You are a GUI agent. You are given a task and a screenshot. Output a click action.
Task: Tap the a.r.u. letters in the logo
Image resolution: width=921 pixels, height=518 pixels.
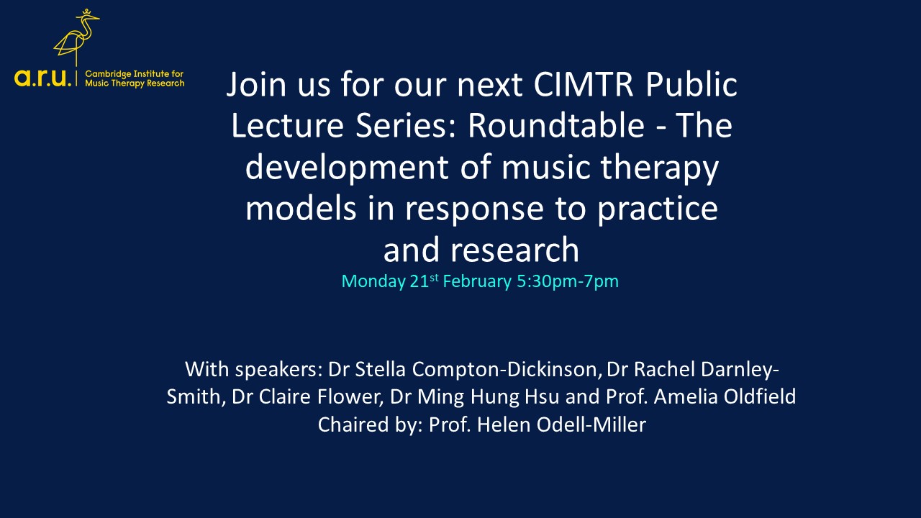[44, 78]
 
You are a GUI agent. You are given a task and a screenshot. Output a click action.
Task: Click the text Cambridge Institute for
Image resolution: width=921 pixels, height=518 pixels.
[135, 74]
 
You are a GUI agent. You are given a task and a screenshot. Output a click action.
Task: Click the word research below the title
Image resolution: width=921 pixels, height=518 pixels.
[514, 250]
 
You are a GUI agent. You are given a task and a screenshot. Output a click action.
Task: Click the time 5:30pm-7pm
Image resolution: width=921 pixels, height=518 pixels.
[567, 281]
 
